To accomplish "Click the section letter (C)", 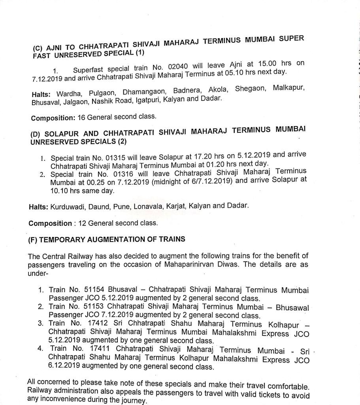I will tap(38, 48).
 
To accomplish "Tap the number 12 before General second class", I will tap(82, 223).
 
